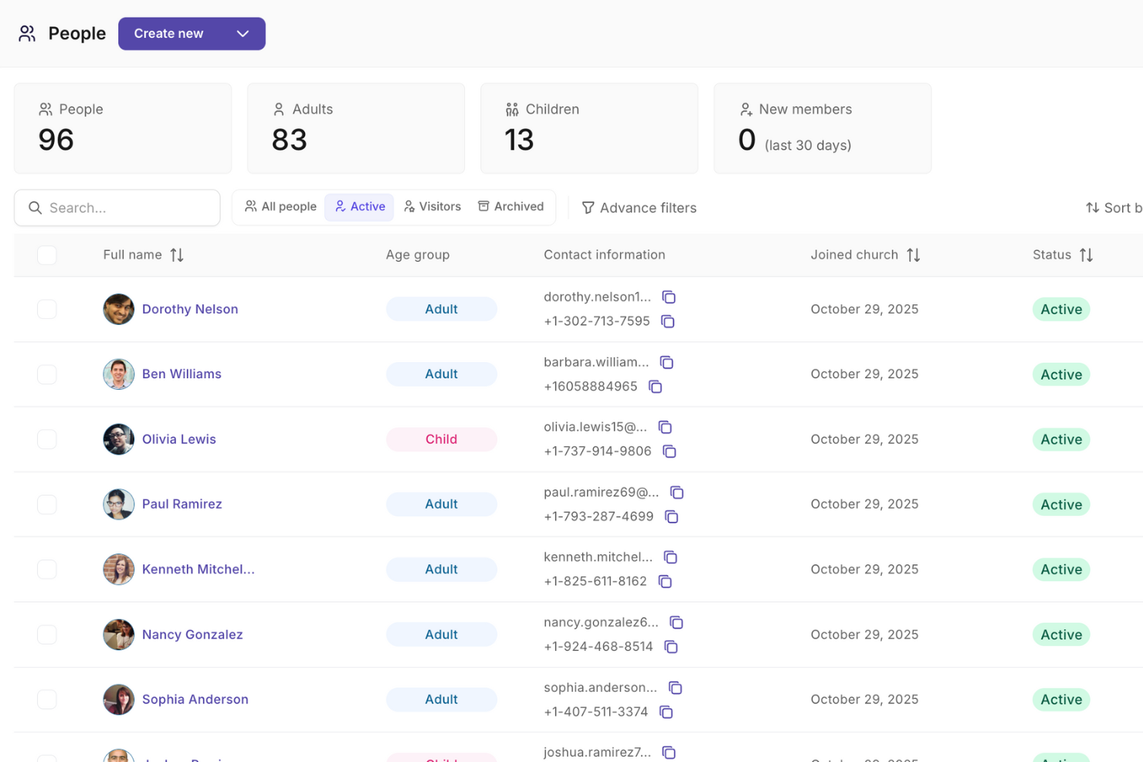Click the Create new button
click(x=191, y=34)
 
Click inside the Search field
click(x=124, y=208)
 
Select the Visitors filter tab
click(x=432, y=207)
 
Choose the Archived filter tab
click(x=511, y=207)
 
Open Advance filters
click(x=639, y=208)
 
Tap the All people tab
click(x=280, y=207)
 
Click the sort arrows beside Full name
click(x=177, y=255)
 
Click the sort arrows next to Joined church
click(x=914, y=255)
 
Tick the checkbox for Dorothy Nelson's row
click(x=47, y=309)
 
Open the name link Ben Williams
click(x=181, y=374)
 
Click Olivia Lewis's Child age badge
click(x=441, y=439)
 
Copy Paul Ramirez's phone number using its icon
click(x=672, y=516)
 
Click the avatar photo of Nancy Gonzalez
click(x=119, y=635)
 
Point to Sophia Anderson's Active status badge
click(x=1061, y=699)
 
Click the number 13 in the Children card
click(x=519, y=140)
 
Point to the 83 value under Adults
click(x=290, y=140)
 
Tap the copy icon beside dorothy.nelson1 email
click(x=669, y=297)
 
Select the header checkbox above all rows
click(x=47, y=255)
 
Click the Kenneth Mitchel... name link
click(x=198, y=569)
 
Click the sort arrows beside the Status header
click(x=1087, y=255)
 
